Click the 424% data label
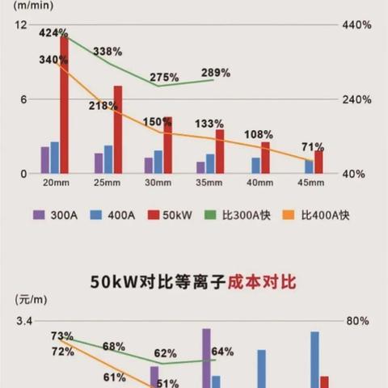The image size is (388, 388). click(54, 33)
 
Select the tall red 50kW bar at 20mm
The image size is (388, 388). click(64, 105)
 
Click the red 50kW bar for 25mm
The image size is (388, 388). click(118, 129)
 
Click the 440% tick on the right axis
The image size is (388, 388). click(356, 25)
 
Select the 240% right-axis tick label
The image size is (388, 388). click(356, 99)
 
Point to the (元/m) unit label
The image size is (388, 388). click(23, 299)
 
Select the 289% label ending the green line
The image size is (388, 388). click(216, 73)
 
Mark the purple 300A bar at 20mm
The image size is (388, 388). click(45, 159)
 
